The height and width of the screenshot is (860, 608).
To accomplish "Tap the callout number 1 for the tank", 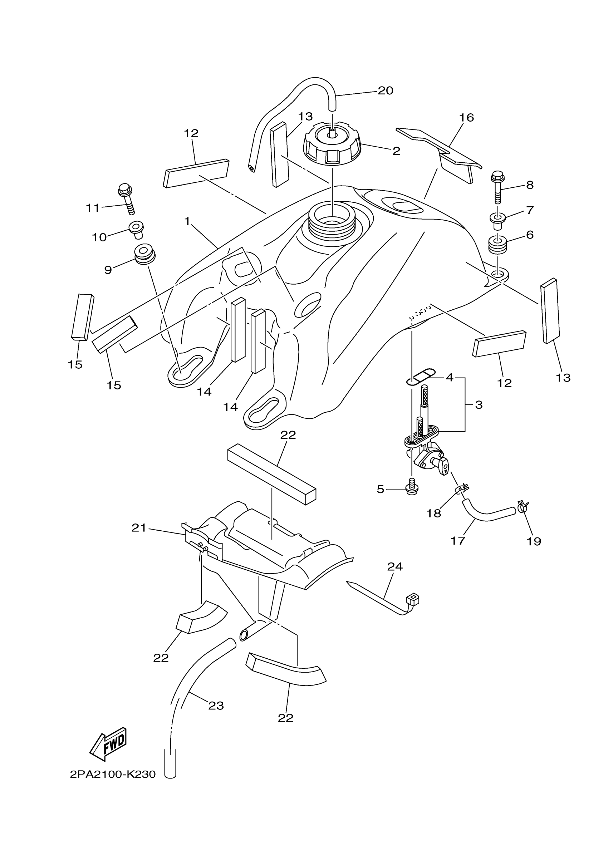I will point(187,221).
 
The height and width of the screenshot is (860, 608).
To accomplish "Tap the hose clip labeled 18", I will point(461,488).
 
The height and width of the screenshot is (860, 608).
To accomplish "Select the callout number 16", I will point(466,118).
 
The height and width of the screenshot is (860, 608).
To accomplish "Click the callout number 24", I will point(395,567).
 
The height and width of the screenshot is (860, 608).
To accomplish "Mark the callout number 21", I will point(139,528).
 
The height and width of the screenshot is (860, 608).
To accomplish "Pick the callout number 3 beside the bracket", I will point(479,405).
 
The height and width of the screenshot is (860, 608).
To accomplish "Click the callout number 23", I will point(216,706).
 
